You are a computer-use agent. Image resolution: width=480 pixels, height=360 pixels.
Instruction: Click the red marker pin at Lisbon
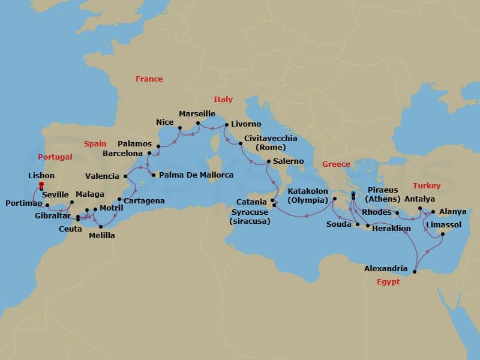(41, 186)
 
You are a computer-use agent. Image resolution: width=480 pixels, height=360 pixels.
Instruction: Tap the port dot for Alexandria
(415, 273)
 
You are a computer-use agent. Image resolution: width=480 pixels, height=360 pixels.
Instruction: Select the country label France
(149, 79)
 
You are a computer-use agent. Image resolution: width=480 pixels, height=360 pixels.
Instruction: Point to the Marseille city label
(197, 113)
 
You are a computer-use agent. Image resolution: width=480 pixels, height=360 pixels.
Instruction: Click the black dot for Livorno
(226, 125)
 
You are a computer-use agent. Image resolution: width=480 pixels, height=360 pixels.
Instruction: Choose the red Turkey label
(427, 186)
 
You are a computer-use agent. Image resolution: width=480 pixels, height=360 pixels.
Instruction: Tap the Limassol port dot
(443, 235)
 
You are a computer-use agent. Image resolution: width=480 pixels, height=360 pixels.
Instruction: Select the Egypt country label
(389, 282)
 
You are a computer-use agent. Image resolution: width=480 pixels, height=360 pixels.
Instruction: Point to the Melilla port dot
(100, 226)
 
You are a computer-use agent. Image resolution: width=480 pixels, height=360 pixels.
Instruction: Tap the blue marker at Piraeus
(353, 193)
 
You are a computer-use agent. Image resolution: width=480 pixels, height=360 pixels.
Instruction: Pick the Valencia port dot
(125, 176)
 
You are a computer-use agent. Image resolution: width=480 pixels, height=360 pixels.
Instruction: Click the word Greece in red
(336, 164)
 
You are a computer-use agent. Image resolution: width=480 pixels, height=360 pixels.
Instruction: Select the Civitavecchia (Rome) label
(270, 143)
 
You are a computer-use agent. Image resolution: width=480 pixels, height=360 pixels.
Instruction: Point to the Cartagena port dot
(119, 200)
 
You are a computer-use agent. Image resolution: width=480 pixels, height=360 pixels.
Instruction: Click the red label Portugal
(55, 157)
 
